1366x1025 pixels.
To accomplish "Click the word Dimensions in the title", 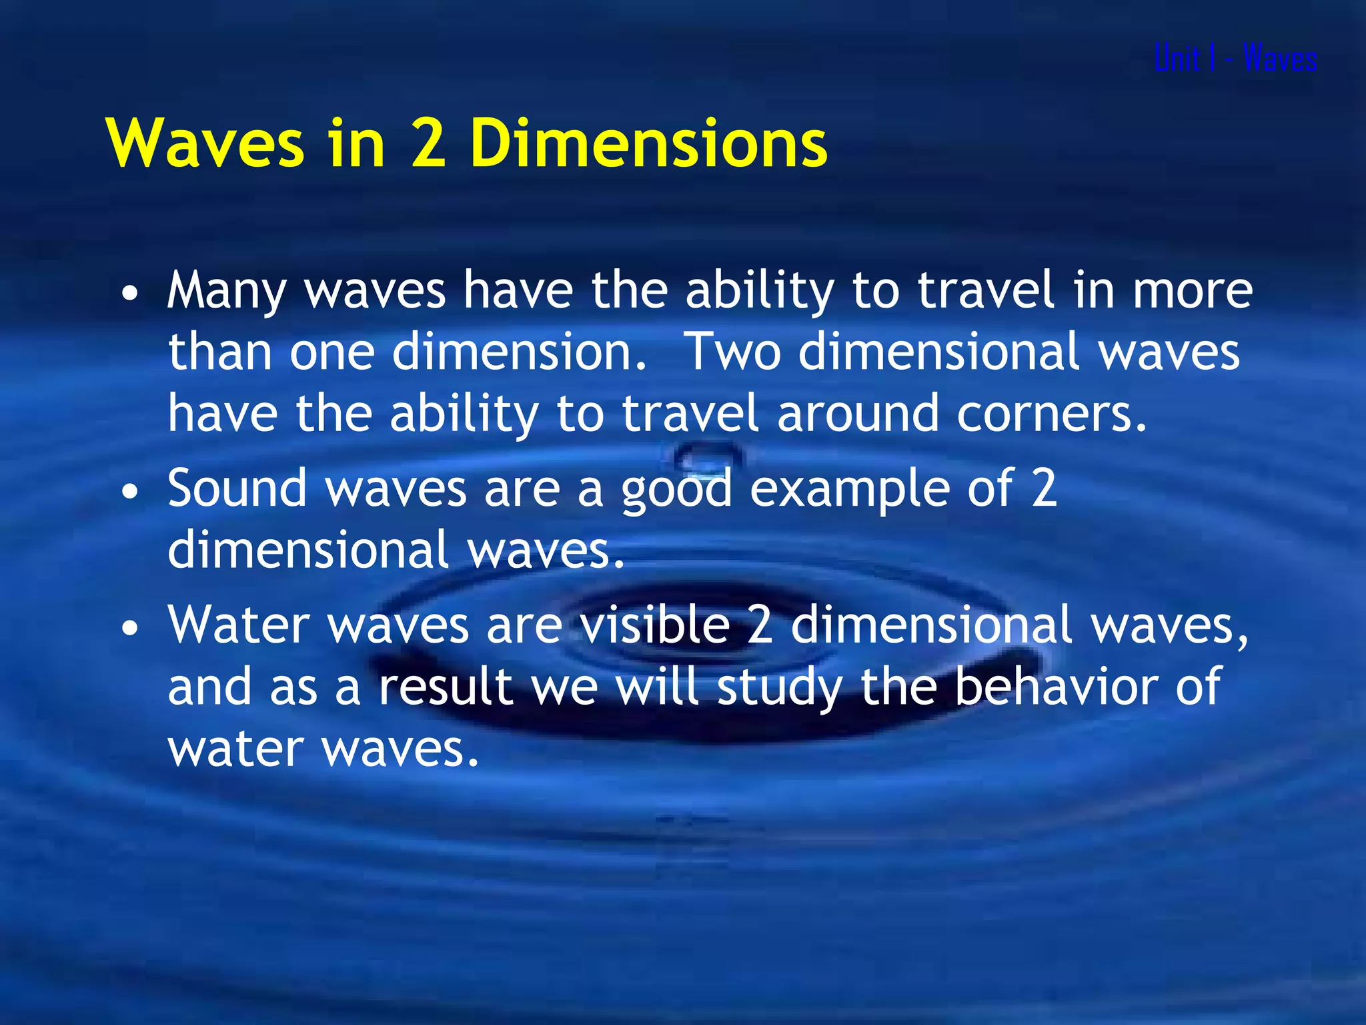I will pyautogui.click(x=648, y=143).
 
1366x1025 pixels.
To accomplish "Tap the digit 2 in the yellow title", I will pyautogui.click(x=428, y=143).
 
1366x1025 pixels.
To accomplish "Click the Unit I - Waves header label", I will pyautogui.click(x=1235, y=58).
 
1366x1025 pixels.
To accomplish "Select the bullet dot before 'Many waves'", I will pyautogui.click(x=131, y=294).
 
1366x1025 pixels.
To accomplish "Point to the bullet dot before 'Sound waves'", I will pyautogui.click(x=131, y=492).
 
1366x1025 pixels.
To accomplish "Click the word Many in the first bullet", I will pyautogui.click(x=227, y=291).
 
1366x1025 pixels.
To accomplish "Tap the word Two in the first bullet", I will pyautogui.click(x=732, y=352).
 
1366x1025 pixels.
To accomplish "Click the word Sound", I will pyautogui.click(x=237, y=488).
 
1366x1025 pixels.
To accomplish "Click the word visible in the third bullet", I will pyautogui.click(x=654, y=626).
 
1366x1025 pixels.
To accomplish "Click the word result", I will pyautogui.click(x=446, y=687).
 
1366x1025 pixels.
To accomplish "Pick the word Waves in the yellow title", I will pyautogui.click(x=205, y=143).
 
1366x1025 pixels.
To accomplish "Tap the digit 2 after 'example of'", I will pyautogui.click(x=1045, y=488).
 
